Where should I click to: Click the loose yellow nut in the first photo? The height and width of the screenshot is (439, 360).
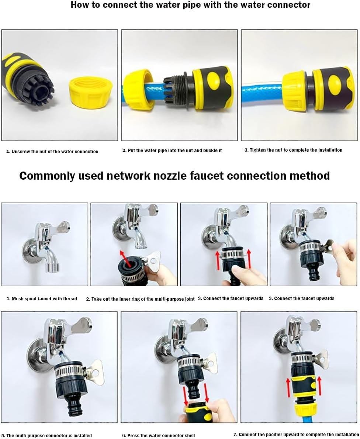coord(90,93)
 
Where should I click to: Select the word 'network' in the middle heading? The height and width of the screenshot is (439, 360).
coord(131,176)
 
